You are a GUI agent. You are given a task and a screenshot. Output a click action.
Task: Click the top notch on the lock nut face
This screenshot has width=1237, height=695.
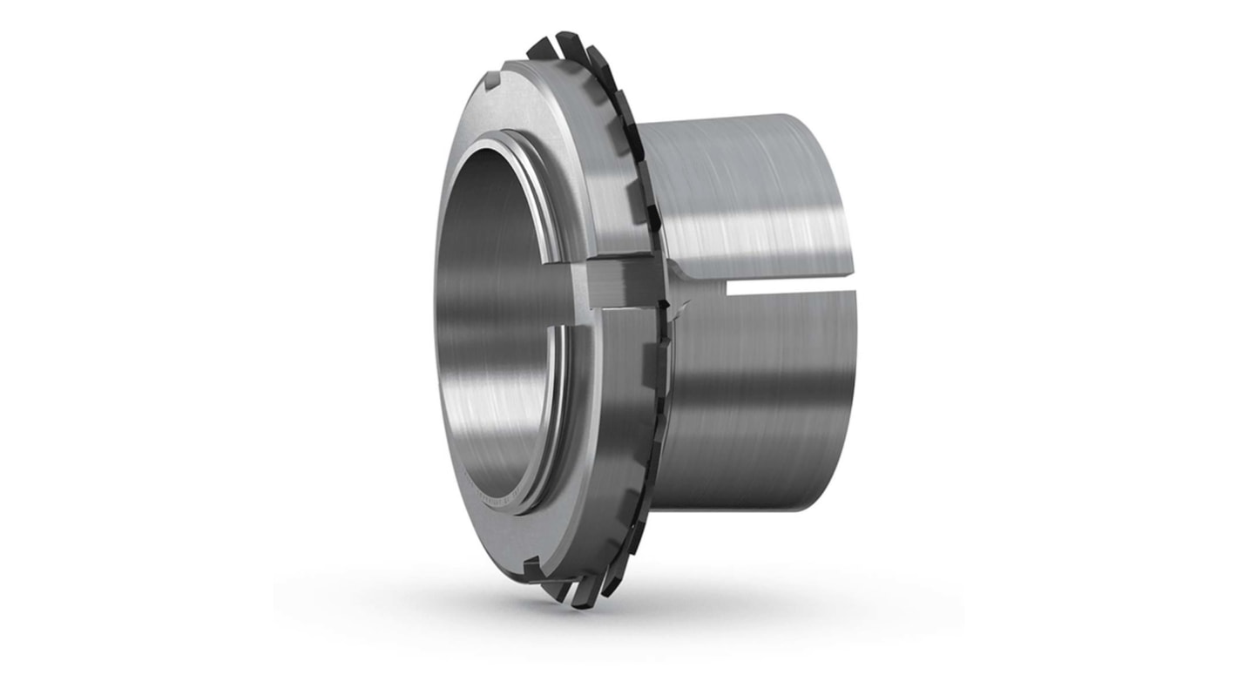(x=494, y=84)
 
